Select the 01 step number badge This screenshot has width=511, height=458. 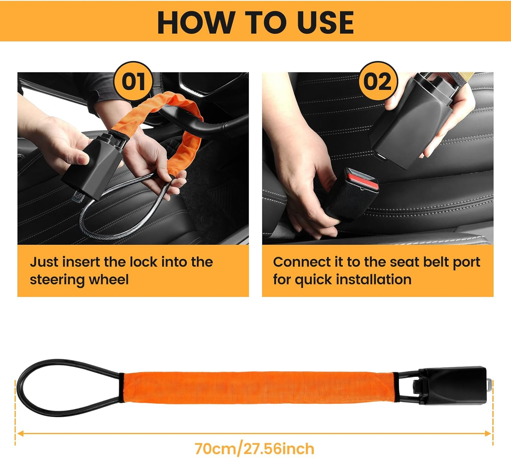tap(134, 82)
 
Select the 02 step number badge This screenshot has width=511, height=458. tap(377, 82)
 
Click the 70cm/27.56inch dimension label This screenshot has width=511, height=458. tap(254, 448)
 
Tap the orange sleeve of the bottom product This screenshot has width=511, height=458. tap(259, 387)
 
